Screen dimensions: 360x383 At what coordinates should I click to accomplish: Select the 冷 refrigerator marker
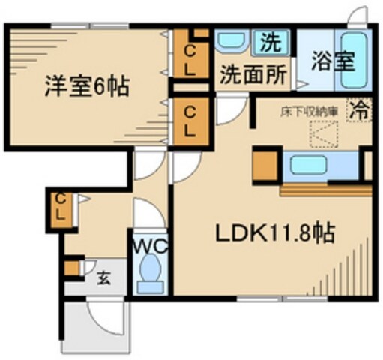361,109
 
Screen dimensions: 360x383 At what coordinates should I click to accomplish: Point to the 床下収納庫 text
308,112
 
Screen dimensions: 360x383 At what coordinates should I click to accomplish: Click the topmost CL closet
192,54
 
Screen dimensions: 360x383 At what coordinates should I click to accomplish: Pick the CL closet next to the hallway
192,122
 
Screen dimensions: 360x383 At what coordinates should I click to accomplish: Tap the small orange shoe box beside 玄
71,266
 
